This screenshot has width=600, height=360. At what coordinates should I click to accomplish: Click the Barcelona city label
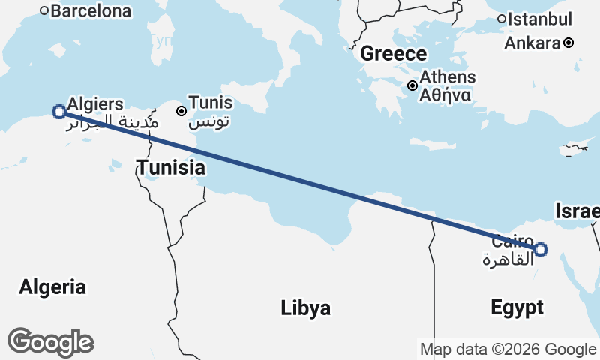(91, 11)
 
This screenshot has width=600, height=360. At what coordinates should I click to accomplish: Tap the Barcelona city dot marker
(44, 10)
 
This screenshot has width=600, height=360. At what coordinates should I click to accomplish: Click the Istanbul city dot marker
(502, 19)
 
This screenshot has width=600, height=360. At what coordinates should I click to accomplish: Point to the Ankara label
(532, 43)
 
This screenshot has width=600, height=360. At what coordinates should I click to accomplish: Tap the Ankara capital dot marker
(569, 43)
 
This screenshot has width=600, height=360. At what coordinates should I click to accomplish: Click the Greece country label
(393, 54)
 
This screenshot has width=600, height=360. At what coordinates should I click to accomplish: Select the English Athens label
(447, 76)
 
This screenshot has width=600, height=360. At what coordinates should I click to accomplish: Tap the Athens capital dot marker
(412, 85)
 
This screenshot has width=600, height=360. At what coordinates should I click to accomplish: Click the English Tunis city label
(210, 102)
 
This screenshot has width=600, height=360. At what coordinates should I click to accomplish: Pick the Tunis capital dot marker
(181, 111)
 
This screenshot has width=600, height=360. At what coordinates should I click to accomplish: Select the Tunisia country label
(170, 167)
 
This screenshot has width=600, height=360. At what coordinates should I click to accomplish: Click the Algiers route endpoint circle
(58, 112)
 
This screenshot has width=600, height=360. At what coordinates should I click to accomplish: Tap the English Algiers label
(95, 103)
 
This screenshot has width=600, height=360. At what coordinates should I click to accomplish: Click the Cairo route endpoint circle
(541, 250)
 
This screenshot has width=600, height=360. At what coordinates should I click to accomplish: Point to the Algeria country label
(52, 286)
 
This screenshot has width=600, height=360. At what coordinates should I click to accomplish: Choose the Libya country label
(306, 307)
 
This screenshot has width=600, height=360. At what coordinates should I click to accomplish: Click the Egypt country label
(517, 307)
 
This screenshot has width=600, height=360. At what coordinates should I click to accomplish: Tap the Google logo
(50, 342)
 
